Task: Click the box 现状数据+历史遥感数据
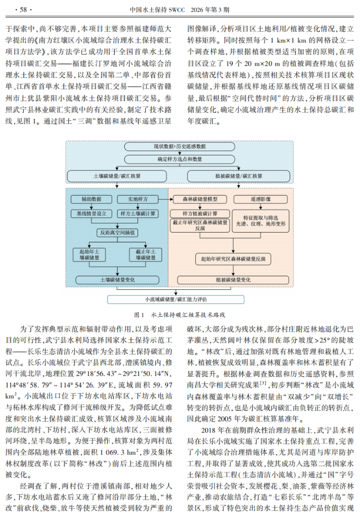[179, 146]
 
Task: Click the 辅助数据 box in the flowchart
[89, 199]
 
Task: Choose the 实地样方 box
[137, 199]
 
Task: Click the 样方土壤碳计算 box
[138, 213]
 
